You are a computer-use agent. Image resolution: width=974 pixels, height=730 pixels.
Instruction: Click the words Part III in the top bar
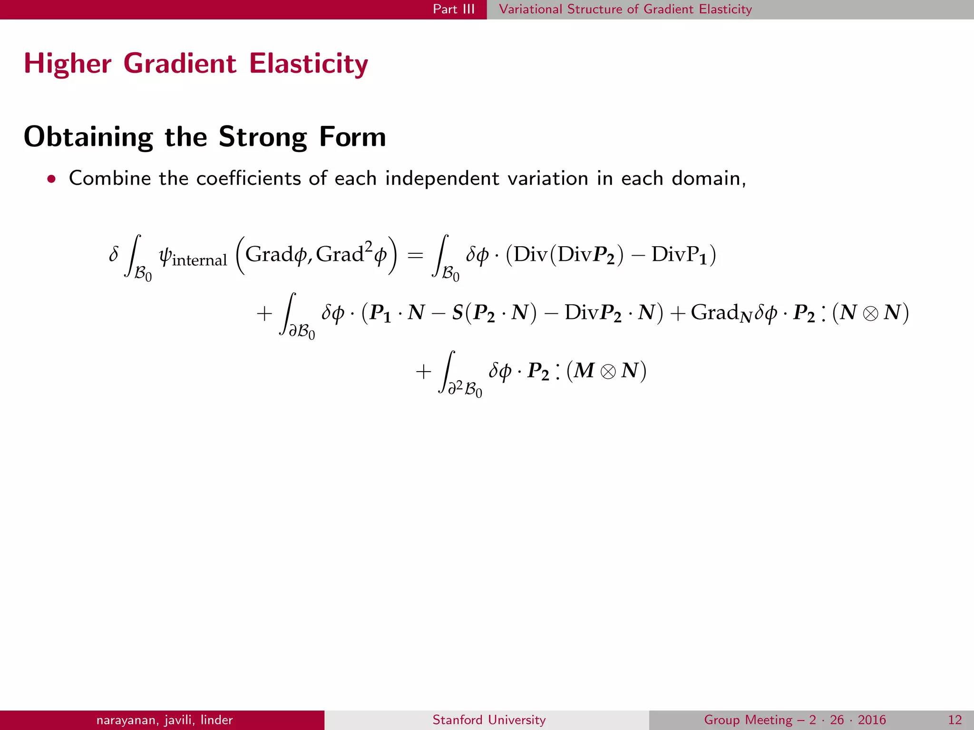coord(453,9)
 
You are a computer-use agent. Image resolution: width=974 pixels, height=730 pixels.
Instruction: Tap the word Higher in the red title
coord(68,64)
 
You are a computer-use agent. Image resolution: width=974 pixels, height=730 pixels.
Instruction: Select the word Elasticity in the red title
coord(309,64)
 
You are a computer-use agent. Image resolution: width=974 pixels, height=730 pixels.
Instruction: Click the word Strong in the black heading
coord(263,137)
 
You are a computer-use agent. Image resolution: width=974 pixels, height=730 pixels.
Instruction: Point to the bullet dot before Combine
coord(51,179)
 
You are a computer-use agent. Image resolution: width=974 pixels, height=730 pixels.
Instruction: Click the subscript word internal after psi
coord(199,260)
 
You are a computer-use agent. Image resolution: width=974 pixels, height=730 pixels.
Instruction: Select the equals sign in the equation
coord(415,255)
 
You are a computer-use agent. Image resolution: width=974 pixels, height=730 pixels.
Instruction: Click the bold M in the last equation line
coord(584,370)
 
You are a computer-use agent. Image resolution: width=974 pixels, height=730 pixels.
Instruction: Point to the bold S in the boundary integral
coord(458,312)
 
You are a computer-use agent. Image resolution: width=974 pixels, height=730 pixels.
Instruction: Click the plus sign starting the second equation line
coord(264,314)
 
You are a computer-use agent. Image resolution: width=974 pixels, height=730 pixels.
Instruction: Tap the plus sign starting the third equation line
coord(423,372)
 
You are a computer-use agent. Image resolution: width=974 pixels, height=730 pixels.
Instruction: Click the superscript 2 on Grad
coord(368,246)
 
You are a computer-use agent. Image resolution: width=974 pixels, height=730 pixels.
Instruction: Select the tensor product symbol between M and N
coord(608,371)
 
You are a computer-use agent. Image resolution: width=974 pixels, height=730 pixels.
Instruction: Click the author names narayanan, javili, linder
coord(165,720)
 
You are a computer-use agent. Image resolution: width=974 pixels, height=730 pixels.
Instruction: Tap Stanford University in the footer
coord(489,720)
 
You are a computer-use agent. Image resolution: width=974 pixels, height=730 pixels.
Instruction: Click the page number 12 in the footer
coord(955,720)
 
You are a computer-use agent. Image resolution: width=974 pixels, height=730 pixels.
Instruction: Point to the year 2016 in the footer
coord(872,720)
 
